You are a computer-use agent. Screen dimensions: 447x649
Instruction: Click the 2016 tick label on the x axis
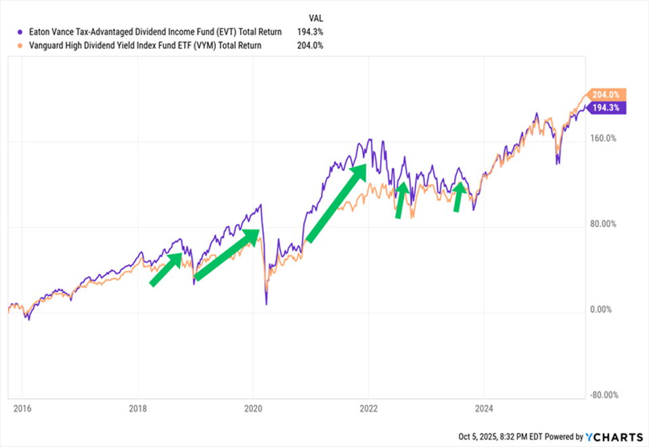[x=22, y=409]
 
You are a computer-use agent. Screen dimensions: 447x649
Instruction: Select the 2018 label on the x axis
[x=137, y=409]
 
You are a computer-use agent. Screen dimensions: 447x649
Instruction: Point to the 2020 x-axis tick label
[x=252, y=409]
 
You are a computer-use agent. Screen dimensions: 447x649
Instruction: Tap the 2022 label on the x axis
[x=368, y=409]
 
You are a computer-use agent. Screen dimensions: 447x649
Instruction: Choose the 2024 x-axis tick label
[x=483, y=409]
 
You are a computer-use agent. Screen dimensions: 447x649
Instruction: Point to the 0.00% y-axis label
[x=600, y=310]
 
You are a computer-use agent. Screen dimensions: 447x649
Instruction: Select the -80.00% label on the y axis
[x=602, y=396]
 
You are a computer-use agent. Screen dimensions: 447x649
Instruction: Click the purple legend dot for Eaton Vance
[x=21, y=32]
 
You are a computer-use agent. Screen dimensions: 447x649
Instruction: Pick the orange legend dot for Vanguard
[x=21, y=45]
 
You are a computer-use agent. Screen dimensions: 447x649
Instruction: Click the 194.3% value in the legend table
[x=309, y=32]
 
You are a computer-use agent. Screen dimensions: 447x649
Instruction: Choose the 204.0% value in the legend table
[x=309, y=45]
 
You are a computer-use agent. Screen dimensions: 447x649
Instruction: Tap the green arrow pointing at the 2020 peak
[x=227, y=254]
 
